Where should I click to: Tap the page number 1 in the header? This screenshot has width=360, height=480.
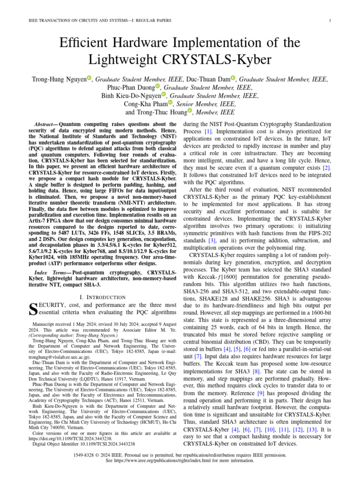(x=330, y=20)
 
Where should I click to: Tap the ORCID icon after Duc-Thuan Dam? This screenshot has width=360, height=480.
(x=232, y=78)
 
